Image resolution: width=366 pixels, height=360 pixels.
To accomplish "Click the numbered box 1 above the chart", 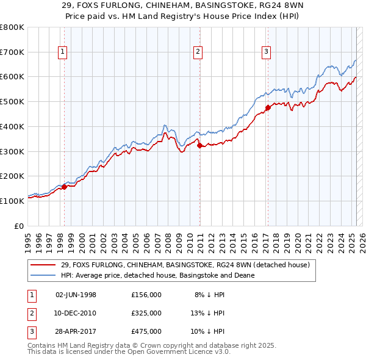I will click(x=63, y=52).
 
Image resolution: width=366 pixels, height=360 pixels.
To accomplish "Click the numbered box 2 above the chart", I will click(x=199, y=52).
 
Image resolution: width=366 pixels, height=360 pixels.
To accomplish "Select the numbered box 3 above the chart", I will click(x=267, y=52).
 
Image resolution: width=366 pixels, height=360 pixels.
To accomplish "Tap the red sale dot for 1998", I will click(x=64, y=187).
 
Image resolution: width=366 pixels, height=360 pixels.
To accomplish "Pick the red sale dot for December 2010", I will click(x=199, y=145).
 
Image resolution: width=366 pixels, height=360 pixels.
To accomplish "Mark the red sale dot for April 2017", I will click(x=267, y=108).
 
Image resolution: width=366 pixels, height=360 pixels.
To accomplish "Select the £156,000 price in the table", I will click(x=146, y=295).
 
